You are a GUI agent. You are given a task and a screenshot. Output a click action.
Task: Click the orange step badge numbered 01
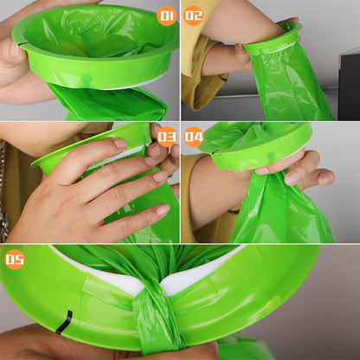pyautogui.click(x=167, y=16)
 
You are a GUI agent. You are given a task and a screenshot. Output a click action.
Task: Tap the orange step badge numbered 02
pyautogui.click(x=193, y=16)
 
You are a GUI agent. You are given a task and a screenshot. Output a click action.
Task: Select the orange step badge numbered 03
pyautogui.click(x=167, y=137)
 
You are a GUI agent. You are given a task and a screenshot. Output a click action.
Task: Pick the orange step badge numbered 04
pyautogui.click(x=194, y=137)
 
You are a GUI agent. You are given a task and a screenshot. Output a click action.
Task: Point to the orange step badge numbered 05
pyautogui.click(x=15, y=259)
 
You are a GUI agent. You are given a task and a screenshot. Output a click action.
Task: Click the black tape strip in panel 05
pyautogui.click(x=64, y=322)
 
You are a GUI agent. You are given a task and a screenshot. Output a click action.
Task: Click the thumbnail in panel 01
pyautogui.click(x=14, y=49)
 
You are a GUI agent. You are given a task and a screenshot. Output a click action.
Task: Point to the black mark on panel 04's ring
pyautogui.click(x=215, y=152)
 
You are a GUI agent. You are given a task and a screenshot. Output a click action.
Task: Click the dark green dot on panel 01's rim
pyautogui.click(x=87, y=78)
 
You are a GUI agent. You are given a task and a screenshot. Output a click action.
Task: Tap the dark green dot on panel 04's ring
pyautogui.click(x=270, y=157)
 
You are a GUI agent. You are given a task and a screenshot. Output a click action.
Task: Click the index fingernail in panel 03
pyautogui.click(x=120, y=144)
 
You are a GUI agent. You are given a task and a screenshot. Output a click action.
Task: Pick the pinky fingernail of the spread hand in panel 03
pyautogui.click(x=163, y=210)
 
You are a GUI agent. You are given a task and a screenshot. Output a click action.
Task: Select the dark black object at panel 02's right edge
pyautogui.click(x=350, y=85)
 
